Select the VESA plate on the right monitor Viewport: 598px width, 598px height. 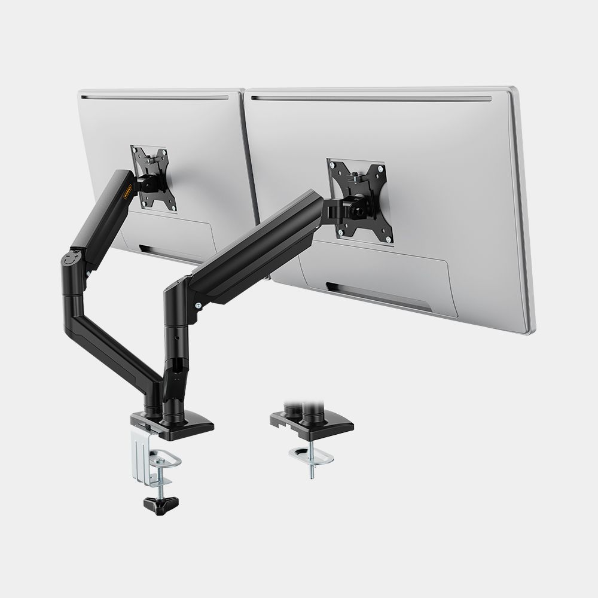pyautogui.click(x=355, y=200)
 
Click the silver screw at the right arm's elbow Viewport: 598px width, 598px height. pyautogui.click(x=198, y=306)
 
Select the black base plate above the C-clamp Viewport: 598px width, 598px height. pyautogui.click(x=179, y=422)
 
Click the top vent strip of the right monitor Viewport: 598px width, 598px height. pyautogui.click(x=371, y=98)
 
